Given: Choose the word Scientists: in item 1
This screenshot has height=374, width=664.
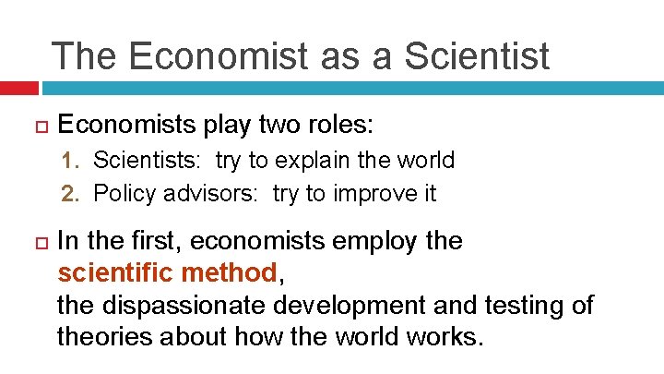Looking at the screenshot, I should [x=149, y=160].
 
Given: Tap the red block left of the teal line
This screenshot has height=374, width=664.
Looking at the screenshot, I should [x=18, y=89].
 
